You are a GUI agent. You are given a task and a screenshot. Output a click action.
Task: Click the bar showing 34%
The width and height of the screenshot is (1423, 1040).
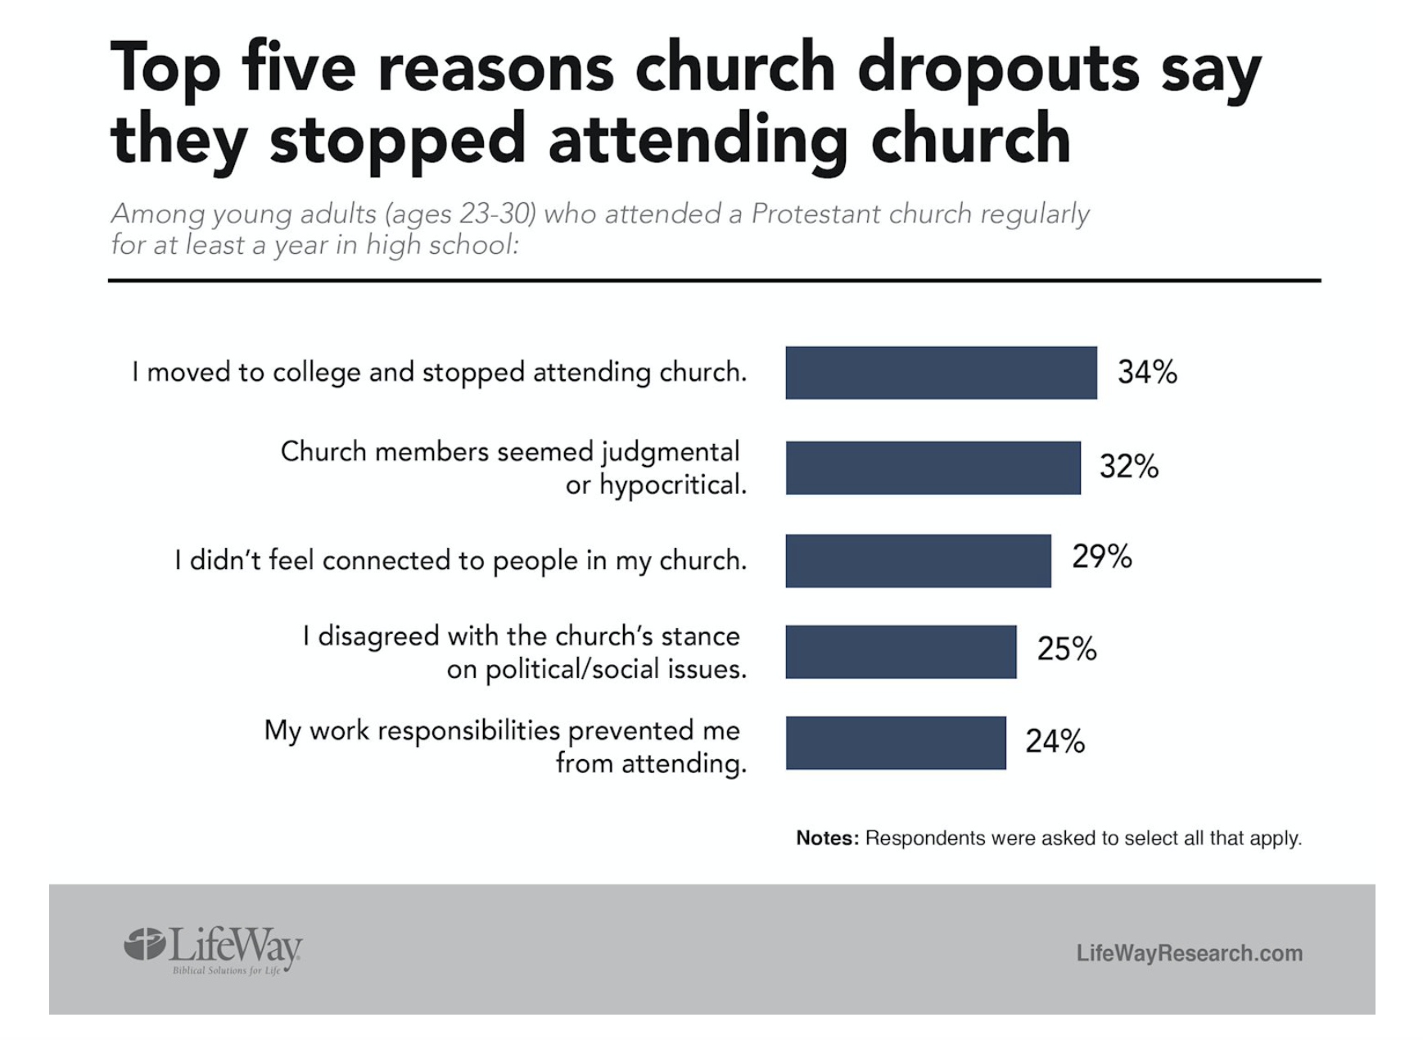pyautogui.click(x=941, y=373)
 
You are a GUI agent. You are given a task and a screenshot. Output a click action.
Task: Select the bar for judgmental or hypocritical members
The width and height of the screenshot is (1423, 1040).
pyautogui.click(x=933, y=468)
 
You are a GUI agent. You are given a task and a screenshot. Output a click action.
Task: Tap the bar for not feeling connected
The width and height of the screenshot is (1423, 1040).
pyautogui.click(x=918, y=561)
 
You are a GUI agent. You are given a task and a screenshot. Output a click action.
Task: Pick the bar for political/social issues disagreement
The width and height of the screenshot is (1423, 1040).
pyautogui.click(x=901, y=652)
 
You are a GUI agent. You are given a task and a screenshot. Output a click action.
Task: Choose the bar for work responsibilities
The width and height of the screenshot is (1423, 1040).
pyautogui.click(x=896, y=743)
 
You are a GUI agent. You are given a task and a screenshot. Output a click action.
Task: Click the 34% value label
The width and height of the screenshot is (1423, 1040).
pyautogui.click(x=1147, y=373)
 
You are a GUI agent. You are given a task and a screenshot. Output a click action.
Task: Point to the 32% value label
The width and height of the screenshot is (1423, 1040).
pyautogui.click(x=1128, y=467)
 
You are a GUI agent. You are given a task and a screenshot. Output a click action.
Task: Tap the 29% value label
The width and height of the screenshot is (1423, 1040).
pyautogui.click(x=1101, y=557)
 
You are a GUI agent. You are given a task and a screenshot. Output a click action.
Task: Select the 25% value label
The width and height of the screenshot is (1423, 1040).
pyautogui.click(x=1066, y=649)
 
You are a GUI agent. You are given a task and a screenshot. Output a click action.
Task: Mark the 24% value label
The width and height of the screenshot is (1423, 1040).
pyautogui.click(x=1055, y=741)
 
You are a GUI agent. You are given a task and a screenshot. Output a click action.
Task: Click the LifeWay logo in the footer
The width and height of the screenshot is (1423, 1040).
pyautogui.click(x=214, y=950)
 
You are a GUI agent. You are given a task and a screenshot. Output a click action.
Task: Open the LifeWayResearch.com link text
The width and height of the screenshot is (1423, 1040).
pyautogui.click(x=1189, y=953)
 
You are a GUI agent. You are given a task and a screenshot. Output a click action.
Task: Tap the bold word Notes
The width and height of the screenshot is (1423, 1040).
pyautogui.click(x=827, y=839)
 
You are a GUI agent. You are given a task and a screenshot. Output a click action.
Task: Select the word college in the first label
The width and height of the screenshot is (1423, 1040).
pyautogui.click(x=316, y=373)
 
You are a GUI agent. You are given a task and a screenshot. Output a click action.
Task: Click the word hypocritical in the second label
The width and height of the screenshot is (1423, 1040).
pyautogui.click(x=673, y=486)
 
